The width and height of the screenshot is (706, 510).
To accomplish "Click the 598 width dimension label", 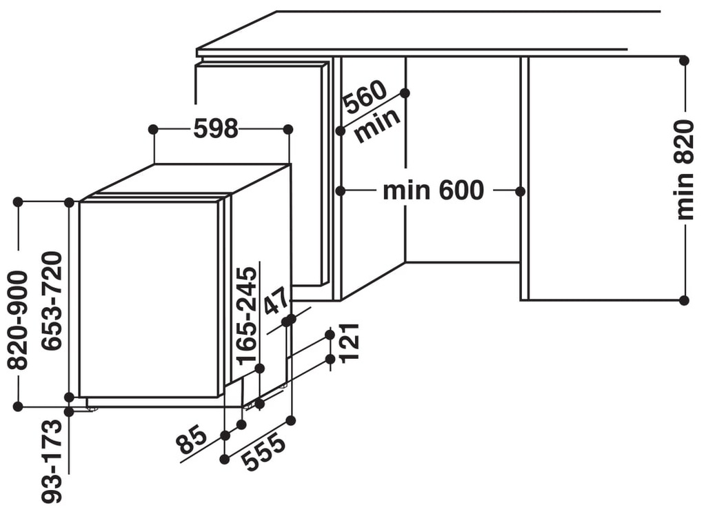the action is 216,128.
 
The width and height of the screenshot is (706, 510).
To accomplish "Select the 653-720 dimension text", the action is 52,301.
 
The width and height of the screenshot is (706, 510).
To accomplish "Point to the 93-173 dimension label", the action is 52,461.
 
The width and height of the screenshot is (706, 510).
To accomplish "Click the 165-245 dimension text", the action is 246,315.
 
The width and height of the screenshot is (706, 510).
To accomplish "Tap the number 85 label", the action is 191,441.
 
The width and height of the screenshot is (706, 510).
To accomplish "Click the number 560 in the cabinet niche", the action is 364,97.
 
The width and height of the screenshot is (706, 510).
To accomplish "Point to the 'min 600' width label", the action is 433,190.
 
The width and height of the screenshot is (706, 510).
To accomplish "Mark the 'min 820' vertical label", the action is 684,170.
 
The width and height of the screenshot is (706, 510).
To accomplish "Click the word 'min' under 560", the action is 377,126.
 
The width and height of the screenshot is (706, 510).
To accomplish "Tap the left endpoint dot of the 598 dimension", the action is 153,129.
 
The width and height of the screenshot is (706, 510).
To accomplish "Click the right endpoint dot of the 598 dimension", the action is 288,129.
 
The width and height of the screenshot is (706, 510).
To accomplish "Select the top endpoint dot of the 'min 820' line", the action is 684,61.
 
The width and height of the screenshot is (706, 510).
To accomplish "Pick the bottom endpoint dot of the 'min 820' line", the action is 684,300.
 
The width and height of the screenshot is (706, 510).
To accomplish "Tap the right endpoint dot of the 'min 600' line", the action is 521,190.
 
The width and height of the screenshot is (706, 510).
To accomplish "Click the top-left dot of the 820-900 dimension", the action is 18,202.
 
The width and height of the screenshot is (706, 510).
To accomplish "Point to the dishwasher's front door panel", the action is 148,299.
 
